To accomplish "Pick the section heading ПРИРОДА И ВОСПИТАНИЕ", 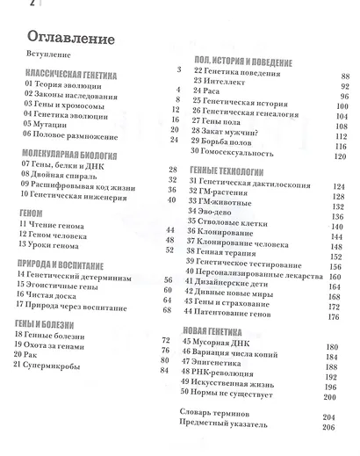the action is pyautogui.click(x=67, y=264).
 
